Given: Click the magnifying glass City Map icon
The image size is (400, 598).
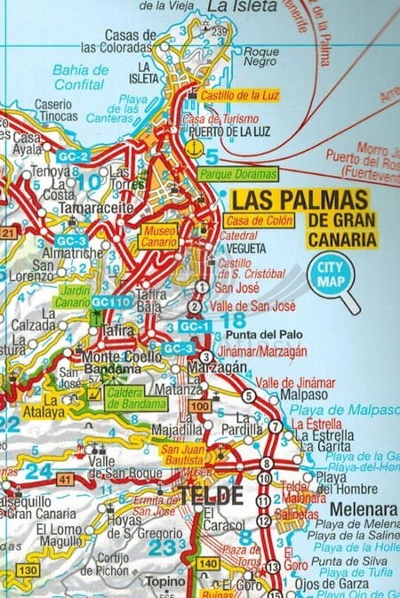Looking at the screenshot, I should pyautogui.click(x=331, y=275).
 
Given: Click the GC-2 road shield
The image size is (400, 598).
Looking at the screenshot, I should pyautogui.click(x=71, y=157).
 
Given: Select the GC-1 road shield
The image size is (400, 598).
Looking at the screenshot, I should pyautogui.click(x=194, y=326).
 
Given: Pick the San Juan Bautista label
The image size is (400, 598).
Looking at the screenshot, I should pyautogui.click(x=182, y=455).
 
